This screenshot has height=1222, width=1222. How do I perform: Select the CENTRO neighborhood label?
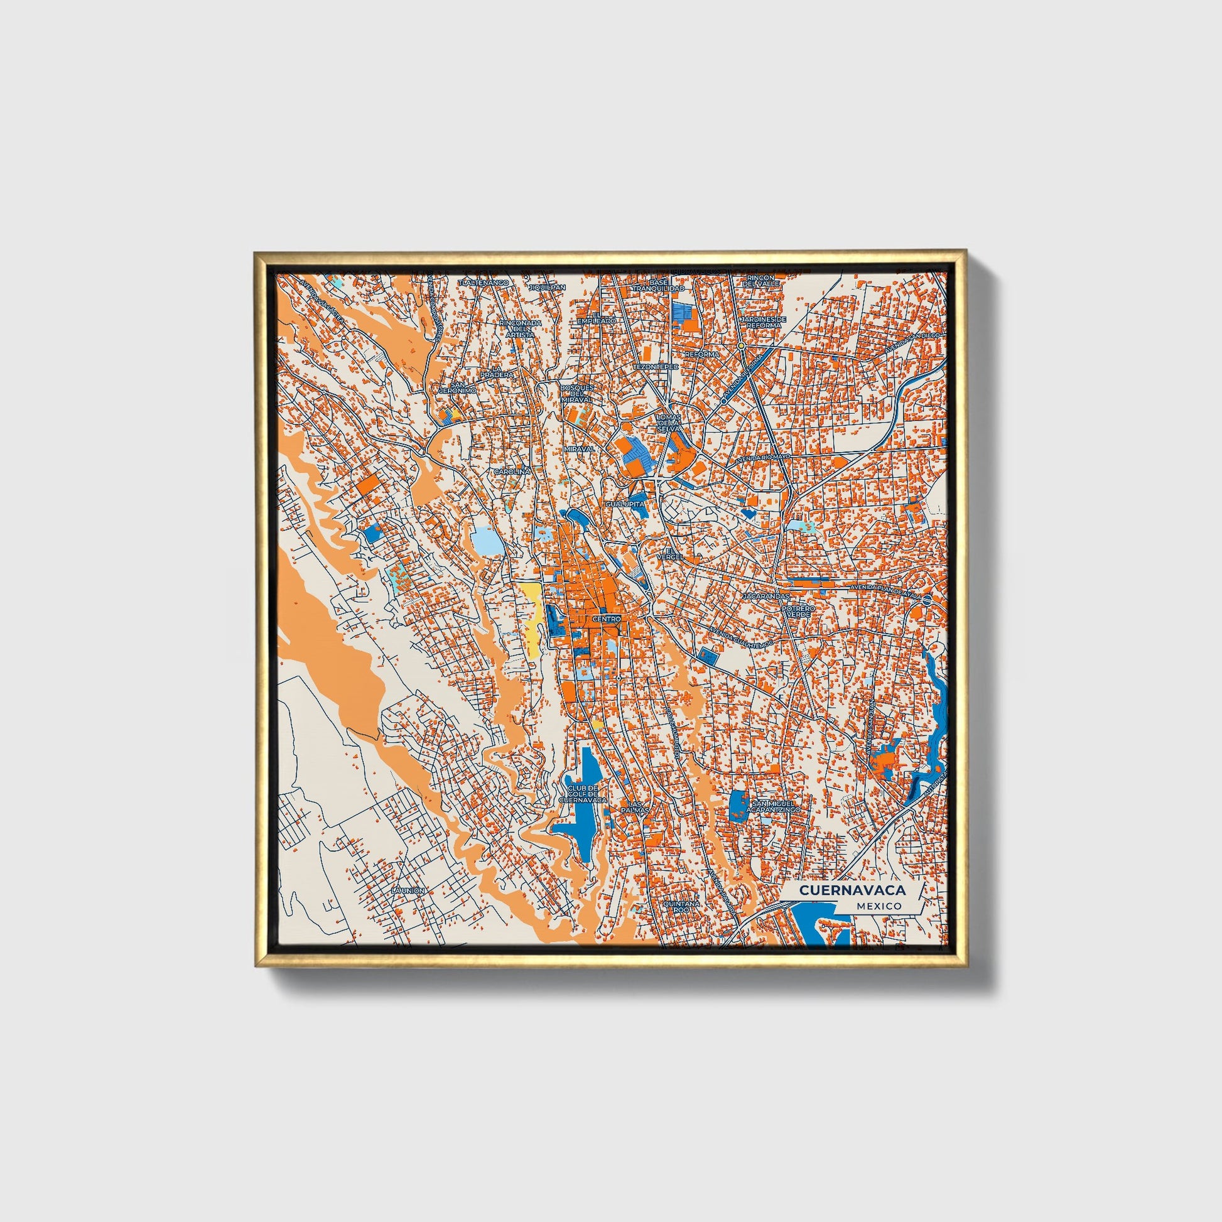click(x=607, y=618)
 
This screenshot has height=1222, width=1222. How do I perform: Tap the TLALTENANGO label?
click(x=484, y=282)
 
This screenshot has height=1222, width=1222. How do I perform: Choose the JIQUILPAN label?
click(x=548, y=286)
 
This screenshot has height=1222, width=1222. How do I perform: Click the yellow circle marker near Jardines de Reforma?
click(x=740, y=346)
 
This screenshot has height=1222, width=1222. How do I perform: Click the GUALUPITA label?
click(x=625, y=504)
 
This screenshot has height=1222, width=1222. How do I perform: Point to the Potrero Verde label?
click(x=798, y=611)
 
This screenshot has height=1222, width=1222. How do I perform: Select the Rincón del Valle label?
click(x=764, y=280)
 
